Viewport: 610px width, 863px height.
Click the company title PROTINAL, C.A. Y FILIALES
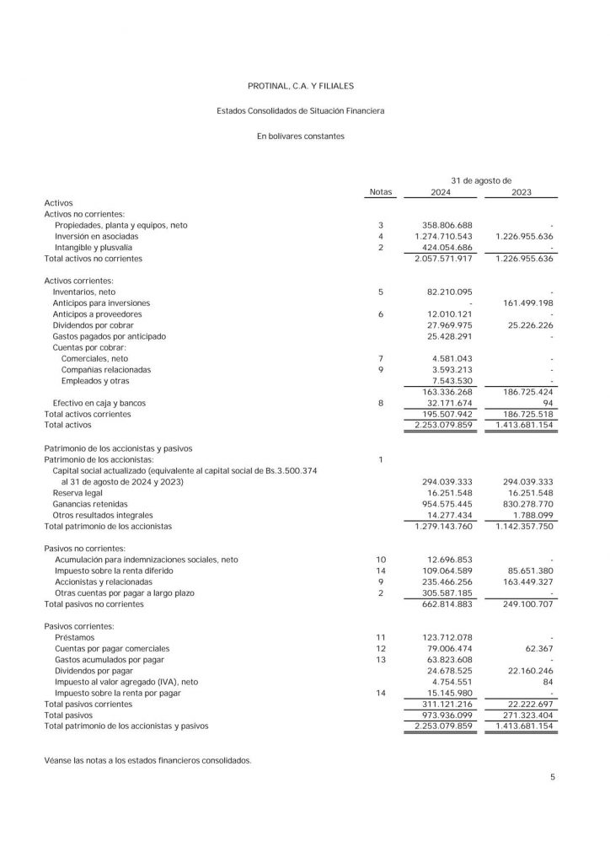301,86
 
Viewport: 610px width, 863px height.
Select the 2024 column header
440,192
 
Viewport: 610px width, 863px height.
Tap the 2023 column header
522,192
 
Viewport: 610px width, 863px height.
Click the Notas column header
381,192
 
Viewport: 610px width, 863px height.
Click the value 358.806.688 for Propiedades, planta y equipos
447,226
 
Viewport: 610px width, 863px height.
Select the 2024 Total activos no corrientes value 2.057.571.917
441,259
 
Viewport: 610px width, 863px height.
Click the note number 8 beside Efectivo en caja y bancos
381,403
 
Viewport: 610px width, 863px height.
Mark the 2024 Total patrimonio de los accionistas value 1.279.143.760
441,525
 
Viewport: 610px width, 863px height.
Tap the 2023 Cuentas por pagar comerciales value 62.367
538,648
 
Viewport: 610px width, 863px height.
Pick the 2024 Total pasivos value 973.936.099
445,714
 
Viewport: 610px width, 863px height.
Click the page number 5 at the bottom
552,777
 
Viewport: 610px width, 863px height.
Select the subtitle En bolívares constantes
301,136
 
